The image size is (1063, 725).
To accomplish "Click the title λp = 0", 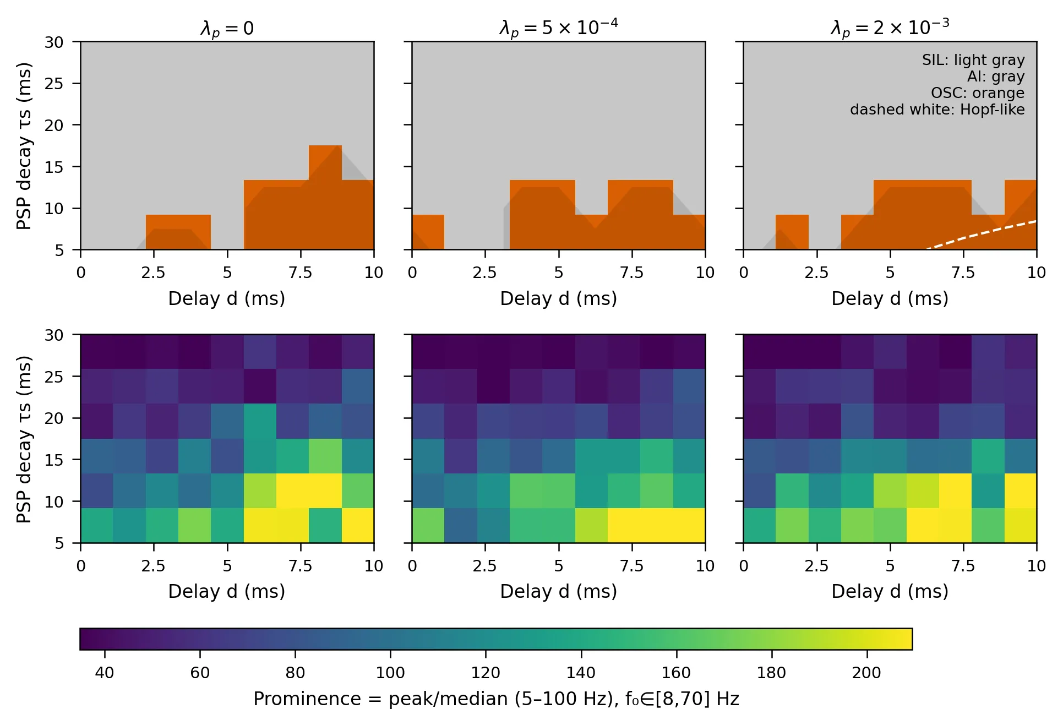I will pos(227,28).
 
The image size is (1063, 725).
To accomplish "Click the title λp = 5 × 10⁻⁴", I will pos(558,27).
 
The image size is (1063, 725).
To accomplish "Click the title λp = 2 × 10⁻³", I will pos(890,27).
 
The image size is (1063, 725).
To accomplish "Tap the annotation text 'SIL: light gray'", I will pos(973,60).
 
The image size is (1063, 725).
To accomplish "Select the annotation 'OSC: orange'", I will pos(977,93).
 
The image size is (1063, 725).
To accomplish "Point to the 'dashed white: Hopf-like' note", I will pos(937,110).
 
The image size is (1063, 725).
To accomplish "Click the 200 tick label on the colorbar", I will pos(866,673).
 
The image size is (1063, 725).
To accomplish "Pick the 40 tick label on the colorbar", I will pos(105,673).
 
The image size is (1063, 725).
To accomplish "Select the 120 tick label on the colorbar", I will pos(486,673).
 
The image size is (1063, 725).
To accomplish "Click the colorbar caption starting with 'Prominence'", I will pos(495,699).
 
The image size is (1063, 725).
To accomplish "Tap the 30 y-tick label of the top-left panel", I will pos(54,42).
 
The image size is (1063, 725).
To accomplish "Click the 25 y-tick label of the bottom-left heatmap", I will pos(54,377).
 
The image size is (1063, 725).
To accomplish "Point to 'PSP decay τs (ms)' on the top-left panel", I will pos(24,146).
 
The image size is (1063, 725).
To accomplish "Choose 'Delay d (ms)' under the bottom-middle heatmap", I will pos(558,591).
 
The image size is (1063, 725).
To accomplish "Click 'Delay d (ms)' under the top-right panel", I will pos(890,298).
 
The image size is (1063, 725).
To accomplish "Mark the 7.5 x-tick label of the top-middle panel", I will pos(631,272).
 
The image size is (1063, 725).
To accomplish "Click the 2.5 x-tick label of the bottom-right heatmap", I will pos(816,566).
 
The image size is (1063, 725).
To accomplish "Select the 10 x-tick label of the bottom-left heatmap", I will pos(374,566).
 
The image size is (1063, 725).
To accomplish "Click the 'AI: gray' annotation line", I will pos(995,77).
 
